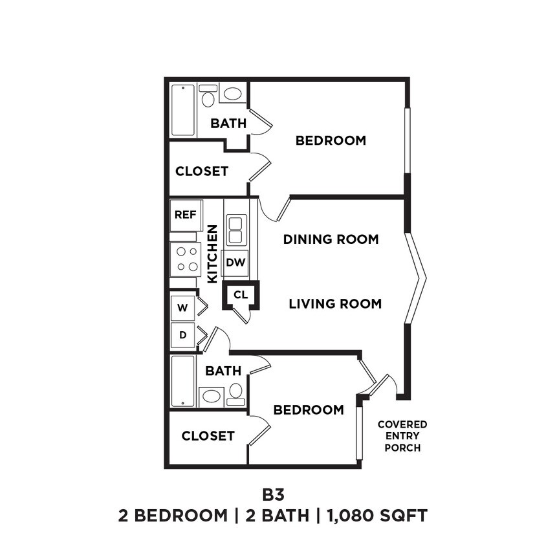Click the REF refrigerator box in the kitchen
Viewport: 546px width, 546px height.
(x=186, y=215)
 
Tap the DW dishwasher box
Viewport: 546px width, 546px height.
(x=236, y=262)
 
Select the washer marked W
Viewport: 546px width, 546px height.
(x=183, y=308)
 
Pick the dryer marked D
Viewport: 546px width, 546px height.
(x=183, y=335)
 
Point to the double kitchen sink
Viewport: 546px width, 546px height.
(x=235, y=230)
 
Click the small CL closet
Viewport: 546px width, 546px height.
(x=241, y=295)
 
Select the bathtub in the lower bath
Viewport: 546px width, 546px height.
(x=183, y=381)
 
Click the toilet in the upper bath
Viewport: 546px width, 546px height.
(x=208, y=97)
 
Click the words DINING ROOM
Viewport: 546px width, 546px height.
(x=331, y=239)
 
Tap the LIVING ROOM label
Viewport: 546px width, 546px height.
(x=334, y=303)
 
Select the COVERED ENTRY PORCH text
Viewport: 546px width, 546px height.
(x=402, y=436)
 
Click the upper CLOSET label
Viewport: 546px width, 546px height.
(x=202, y=171)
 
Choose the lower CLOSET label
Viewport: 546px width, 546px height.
(x=208, y=436)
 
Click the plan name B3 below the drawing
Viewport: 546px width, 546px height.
(x=272, y=495)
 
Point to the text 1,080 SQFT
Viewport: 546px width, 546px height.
(x=378, y=516)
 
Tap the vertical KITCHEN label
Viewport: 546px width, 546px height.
(x=212, y=254)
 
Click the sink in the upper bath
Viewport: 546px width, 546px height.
(x=232, y=93)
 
